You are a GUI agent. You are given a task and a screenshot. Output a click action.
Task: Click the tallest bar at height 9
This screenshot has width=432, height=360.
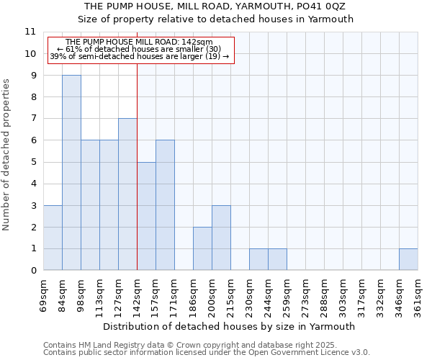pyautogui.click(x=71, y=173)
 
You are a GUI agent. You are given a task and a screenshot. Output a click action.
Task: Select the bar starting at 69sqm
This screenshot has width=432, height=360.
pyautogui.click(x=53, y=238)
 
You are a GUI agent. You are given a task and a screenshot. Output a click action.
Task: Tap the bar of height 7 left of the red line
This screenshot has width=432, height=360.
pyautogui.click(x=127, y=194)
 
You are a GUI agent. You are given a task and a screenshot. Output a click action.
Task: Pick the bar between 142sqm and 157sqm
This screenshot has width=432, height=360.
pyautogui.click(x=146, y=216)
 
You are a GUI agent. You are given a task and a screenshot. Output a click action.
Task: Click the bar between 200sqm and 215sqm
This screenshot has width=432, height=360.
pyautogui.click(x=221, y=238)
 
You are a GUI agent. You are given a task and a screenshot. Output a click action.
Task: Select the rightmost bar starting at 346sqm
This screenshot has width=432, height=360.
pyautogui.click(x=408, y=259)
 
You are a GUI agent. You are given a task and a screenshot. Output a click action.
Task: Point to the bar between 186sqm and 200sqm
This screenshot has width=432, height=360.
pyautogui.click(x=202, y=248)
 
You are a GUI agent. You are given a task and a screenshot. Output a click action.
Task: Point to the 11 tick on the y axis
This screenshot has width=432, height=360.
pyautogui.click(x=30, y=32)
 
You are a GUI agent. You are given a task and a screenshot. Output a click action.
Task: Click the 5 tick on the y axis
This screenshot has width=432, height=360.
pyautogui.click(x=32, y=162)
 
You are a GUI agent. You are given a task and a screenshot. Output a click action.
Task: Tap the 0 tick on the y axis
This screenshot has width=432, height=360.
pyautogui.click(x=32, y=271)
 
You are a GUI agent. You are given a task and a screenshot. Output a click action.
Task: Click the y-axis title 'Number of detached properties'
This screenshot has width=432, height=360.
pyautogui.click(x=7, y=155)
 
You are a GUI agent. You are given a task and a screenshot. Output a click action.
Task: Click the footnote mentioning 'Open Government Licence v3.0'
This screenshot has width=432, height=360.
pyautogui.click(x=207, y=353)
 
